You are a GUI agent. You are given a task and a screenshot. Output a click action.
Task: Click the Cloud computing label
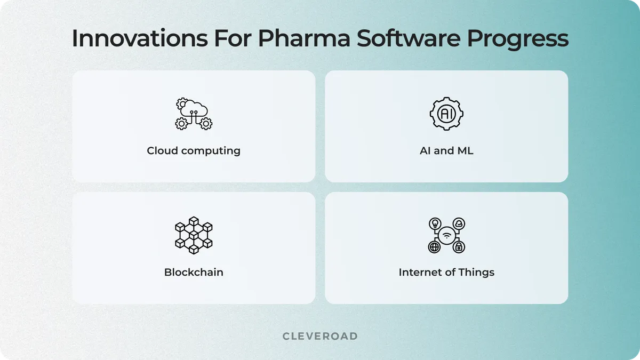click(194, 151)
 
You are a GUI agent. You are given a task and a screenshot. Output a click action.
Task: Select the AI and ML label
click(446, 151)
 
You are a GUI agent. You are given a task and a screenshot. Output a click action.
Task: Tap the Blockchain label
click(194, 272)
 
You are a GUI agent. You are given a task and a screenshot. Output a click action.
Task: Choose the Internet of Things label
click(446, 272)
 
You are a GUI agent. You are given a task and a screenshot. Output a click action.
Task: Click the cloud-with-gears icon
click(194, 114)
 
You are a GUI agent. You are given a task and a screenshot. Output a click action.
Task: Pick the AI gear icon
click(446, 114)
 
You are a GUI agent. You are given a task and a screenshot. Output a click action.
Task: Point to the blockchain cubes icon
click(194, 235)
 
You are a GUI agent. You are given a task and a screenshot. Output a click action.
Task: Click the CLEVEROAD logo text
click(320, 336)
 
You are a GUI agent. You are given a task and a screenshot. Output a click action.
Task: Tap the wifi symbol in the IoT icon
click(446, 235)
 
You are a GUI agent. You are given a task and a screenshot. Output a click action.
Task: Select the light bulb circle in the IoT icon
click(435, 223)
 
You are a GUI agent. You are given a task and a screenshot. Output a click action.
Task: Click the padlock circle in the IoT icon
click(459, 247)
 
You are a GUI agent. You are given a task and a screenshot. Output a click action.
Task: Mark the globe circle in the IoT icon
click(435, 247)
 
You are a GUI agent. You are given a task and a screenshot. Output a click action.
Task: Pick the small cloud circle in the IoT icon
click(459, 223)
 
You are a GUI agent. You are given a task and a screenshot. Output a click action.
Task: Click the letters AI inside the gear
click(446, 114)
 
